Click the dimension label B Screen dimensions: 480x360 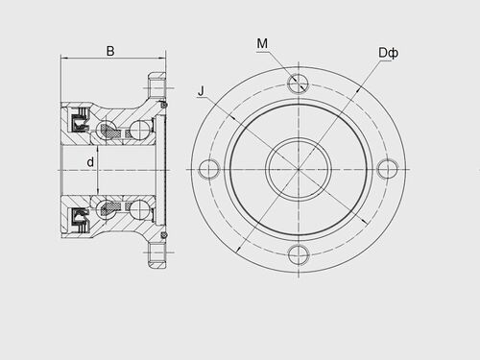click(110, 51)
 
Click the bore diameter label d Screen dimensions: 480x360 click(90, 162)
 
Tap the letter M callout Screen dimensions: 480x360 click(262, 43)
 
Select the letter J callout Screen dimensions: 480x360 click(201, 91)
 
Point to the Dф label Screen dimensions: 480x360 click(389, 53)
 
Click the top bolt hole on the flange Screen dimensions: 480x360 click(298, 84)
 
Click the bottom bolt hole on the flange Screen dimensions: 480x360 click(298, 254)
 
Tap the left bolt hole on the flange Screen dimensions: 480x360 click(209, 169)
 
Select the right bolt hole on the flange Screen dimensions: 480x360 click(387, 169)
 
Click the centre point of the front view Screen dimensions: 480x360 click(299, 169)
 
